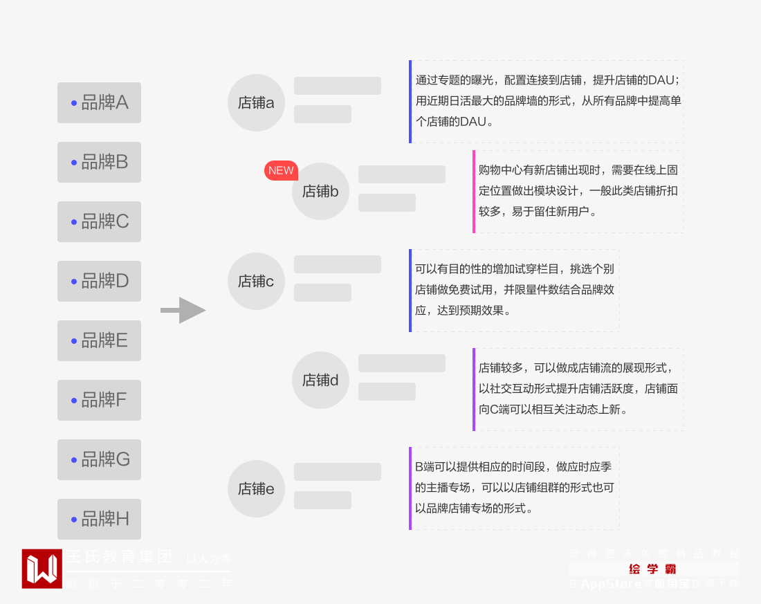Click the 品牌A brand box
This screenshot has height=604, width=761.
[99, 102]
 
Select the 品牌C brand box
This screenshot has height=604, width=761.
[99, 221]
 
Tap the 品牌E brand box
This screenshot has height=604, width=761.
[99, 340]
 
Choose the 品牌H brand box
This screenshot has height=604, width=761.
[99, 519]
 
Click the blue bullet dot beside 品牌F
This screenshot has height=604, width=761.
[74, 400]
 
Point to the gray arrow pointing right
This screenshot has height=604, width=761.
[183, 310]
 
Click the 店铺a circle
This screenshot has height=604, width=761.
[256, 102]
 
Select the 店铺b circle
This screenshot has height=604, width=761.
[320, 191]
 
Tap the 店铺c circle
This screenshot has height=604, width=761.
[256, 281]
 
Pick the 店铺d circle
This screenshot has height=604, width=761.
[320, 380]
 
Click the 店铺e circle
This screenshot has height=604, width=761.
[256, 488]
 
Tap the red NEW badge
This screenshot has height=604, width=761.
[281, 170]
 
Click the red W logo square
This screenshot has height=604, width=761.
[42, 569]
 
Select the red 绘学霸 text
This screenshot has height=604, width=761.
[652, 569]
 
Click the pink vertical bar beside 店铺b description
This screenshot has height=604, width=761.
[474, 192]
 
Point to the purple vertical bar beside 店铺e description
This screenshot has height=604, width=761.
[410, 488]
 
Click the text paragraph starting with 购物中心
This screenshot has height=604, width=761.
[578, 190]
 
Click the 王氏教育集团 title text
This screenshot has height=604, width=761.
[119, 557]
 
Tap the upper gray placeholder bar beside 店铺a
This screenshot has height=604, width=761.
[337, 86]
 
